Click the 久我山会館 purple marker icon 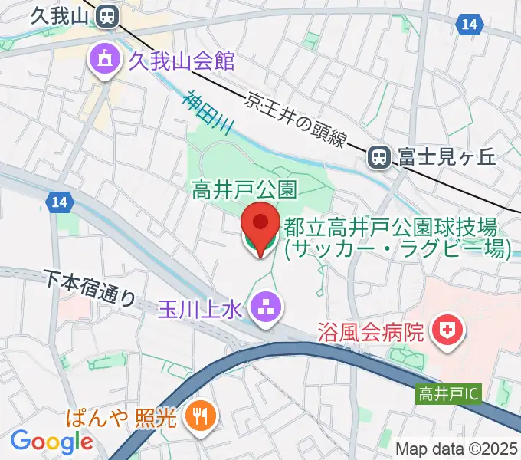point(102,59)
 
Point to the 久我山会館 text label point(181,60)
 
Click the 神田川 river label point(206,114)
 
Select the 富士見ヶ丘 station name point(447,157)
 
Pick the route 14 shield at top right point(470,25)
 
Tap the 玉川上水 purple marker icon point(267,309)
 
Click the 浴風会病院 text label point(372,332)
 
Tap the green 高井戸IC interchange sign point(449,395)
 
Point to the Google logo point(51,442)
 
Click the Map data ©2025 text point(457,448)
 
